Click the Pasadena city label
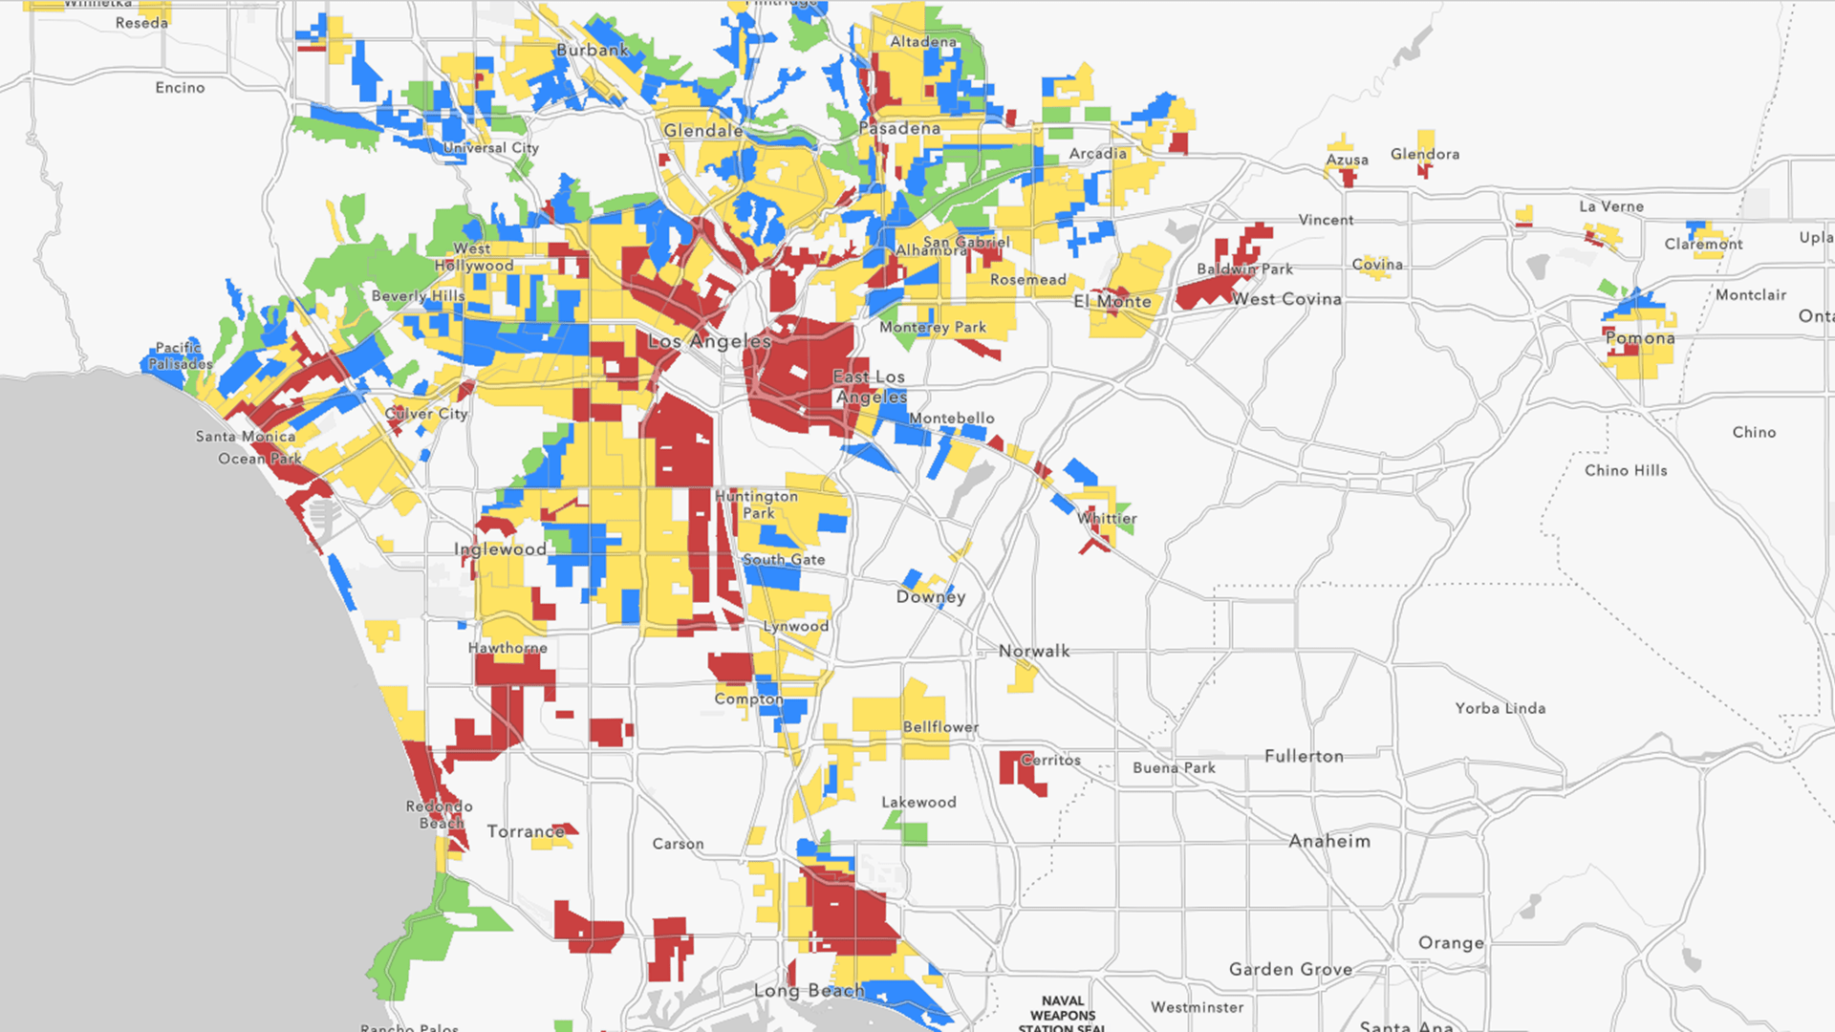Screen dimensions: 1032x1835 (899, 128)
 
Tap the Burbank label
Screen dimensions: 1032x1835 (593, 50)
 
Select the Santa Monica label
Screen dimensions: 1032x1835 (246, 437)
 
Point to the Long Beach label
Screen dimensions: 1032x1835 (809, 991)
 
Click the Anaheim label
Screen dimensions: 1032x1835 (1329, 842)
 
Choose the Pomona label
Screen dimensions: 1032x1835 (1640, 338)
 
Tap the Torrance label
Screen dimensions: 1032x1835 (526, 831)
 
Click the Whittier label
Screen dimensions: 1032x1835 (1107, 519)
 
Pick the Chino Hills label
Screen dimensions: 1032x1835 (1626, 470)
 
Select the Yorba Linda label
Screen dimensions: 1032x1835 (1500, 708)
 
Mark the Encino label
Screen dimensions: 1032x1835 (180, 88)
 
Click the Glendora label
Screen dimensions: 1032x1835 (1424, 154)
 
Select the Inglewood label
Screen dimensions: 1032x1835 (500, 549)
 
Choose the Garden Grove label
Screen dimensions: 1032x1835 (1290, 970)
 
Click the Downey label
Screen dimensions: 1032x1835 (931, 597)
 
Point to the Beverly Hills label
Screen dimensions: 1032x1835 (418, 296)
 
